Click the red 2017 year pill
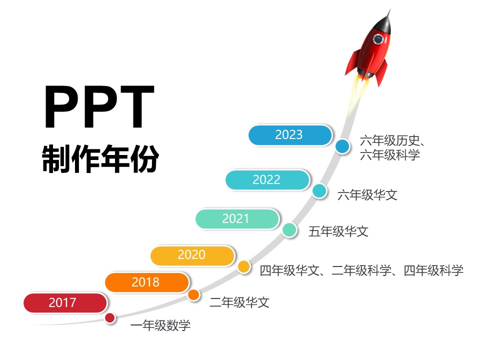click(65, 303)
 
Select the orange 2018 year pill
click(147, 282)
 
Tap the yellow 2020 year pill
click(192, 255)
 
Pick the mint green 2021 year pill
click(237, 218)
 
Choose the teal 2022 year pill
click(267, 179)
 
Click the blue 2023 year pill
click(290, 134)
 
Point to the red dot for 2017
click(110, 318)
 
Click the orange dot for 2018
click(193, 295)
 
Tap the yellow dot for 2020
click(244, 266)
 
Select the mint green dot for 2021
click(289, 230)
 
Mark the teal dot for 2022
click(319, 191)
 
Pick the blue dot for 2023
click(342, 146)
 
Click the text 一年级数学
click(160, 325)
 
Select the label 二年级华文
click(239, 302)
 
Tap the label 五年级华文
click(338, 231)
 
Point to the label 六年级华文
click(367, 195)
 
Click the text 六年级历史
click(389, 141)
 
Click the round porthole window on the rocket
click(378, 39)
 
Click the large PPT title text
click(100, 106)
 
